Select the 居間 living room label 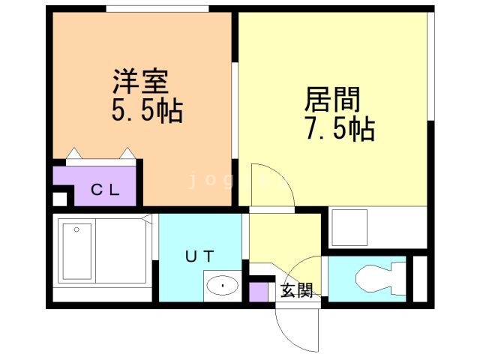[332, 100]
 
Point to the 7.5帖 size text [339, 131]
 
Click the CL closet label [105, 189]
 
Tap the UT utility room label [200, 256]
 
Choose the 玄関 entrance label [296, 291]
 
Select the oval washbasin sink [221, 286]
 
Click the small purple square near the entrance [259, 291]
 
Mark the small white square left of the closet [59, 199]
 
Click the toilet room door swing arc [307, 270]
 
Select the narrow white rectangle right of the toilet [419, 278]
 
